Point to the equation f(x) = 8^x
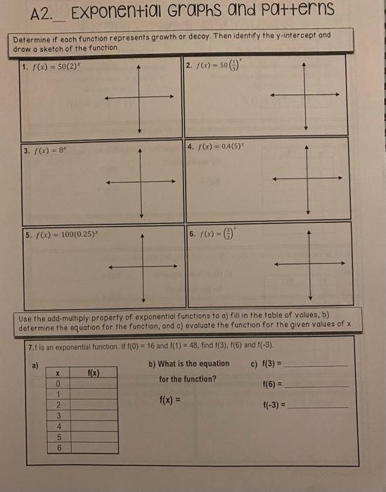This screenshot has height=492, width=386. [x=44, y=150]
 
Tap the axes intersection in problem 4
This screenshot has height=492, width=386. [x=307, y=180]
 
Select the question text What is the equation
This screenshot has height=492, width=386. [x=188, y=363]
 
